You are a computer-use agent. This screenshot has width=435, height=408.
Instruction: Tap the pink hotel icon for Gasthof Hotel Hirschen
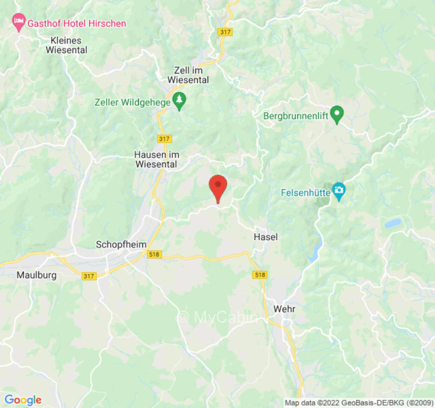point(19,22)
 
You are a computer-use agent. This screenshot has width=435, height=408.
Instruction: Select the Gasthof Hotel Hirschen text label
point(76,23)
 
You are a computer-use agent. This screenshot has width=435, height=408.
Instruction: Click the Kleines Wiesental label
point(66,45)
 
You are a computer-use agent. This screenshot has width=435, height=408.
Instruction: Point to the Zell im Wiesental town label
point(188,74)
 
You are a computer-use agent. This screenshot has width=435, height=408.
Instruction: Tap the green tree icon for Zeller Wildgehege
point(179,101)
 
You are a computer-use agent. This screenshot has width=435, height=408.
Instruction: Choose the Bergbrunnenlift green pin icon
point(337,114)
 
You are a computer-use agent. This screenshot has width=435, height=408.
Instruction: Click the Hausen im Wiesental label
point(156,159)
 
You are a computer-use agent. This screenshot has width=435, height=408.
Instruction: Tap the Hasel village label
point(266,237)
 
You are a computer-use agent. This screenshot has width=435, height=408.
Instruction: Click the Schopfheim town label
point(117,245)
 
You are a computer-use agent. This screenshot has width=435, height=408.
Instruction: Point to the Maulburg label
point(37,275)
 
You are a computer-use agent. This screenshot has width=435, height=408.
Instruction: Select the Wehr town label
point(284,309)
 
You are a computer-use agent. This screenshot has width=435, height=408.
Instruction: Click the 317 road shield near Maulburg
point(89,276)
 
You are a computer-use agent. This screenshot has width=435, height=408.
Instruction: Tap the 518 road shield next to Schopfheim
point(153,254)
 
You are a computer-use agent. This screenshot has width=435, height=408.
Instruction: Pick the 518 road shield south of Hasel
point(260,275)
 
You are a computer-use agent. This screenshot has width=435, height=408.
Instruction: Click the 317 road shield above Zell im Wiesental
point(224,32)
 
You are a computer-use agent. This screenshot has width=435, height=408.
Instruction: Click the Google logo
point(22,400)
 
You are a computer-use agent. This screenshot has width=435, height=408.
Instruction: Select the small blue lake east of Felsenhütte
point(393,223)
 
